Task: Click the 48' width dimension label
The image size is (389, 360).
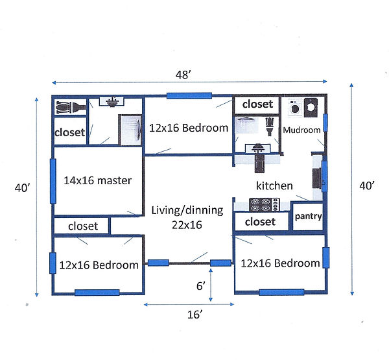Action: (183, 75)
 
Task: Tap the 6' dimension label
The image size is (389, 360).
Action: (201, 286)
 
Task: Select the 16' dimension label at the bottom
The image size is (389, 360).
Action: (194, 315)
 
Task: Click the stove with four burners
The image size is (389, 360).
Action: (265, 204)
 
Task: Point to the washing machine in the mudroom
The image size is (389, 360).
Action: (295, 108)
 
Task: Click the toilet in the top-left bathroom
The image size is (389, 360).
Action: (70, 107)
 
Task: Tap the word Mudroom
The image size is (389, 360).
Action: (301, 130)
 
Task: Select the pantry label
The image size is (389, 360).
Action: (308, 217)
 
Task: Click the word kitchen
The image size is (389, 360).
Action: (274, 186)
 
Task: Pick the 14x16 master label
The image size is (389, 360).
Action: (97, 180)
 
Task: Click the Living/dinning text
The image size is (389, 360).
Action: (187, 210)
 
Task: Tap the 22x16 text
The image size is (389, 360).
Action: (187, 225)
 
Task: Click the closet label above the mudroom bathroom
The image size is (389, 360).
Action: (257, 104)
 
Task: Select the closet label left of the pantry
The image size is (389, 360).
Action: (260, 222)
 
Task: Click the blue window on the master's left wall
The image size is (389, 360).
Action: (53, 181)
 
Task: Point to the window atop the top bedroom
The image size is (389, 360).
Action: (189, 96)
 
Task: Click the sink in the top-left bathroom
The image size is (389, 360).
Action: (112, 102)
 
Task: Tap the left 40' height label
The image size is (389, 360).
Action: (22, 187)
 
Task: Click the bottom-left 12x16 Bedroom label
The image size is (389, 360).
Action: (99, 265)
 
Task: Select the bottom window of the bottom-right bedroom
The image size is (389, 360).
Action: (281, 292)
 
